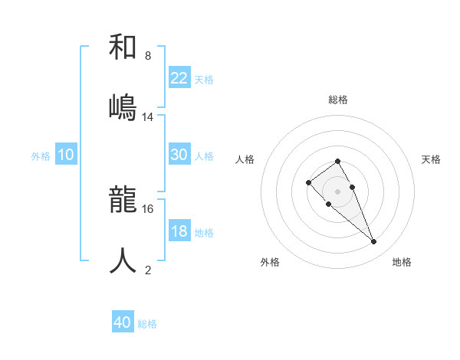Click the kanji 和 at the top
point(123,47)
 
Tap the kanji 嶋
point(123,107)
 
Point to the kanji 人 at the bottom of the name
point(123,260)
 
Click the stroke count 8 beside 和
point(147,56)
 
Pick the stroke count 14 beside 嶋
point(148,117)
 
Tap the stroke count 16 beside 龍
point(148,208)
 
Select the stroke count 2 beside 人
point(147,270)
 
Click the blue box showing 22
point(179,78)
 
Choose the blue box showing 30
point(179,155)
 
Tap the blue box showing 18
point(179,231)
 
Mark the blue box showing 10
point(66,155)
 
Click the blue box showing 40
point(123,322)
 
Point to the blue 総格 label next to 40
point(147,324)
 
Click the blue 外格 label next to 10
point(41,156)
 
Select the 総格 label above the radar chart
point(337,100)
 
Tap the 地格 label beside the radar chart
point(402,262)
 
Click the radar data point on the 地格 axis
point(373,241)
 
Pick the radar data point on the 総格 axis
point(337,161)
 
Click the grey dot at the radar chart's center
point(337,191)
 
